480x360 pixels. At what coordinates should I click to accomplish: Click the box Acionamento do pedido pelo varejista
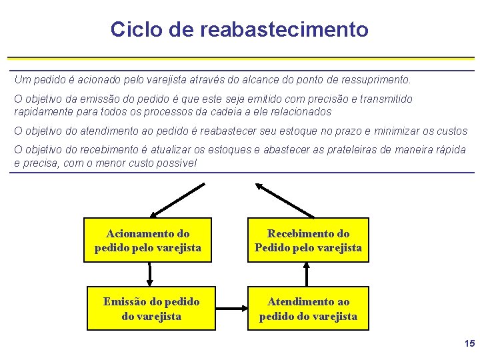tap(147, 240)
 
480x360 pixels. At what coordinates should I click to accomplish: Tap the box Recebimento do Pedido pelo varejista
tap(308, 240)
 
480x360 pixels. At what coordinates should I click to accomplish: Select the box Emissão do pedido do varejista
tap(151, 309)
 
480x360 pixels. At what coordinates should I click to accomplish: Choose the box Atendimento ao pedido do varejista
tap(308, 309)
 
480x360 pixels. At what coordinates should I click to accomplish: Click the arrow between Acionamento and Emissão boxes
tap(150, 274)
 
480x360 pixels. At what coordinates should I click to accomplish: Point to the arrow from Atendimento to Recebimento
tap(307, 274)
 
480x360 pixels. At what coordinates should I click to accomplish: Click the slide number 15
tap(469, 343)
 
